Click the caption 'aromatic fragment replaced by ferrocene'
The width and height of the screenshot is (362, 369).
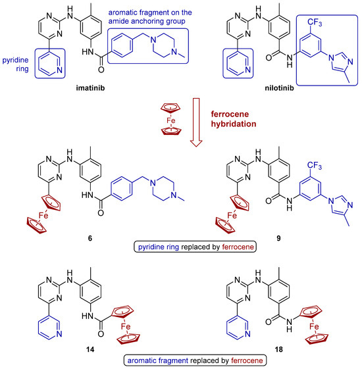point(180,360)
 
